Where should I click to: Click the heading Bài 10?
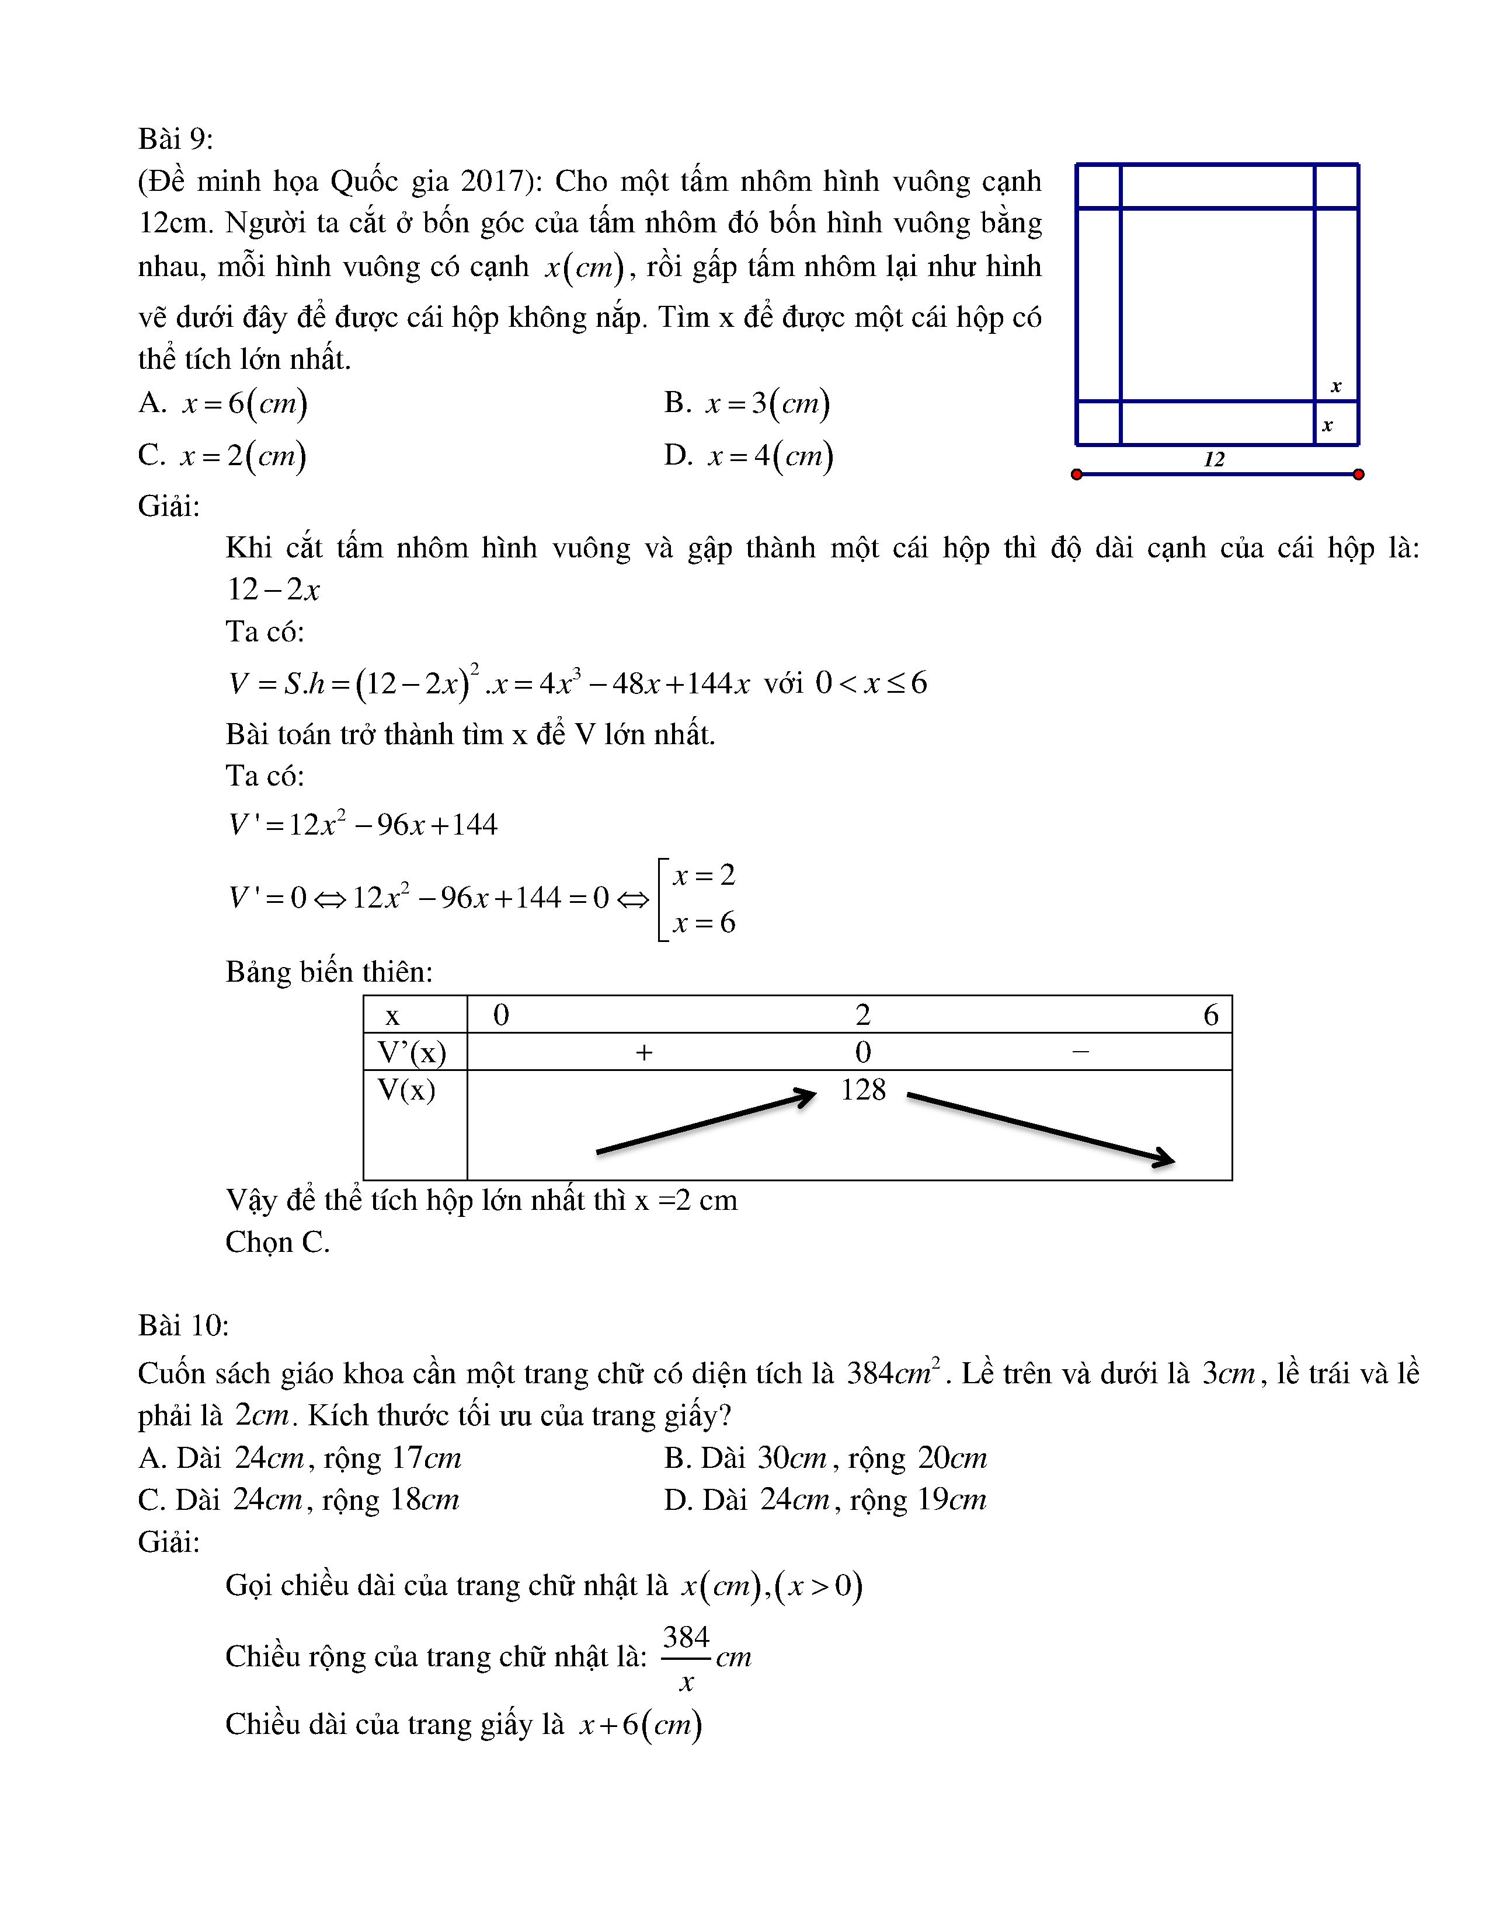pyautogui.click(x=183, y=1325)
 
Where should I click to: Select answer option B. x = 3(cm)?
pyautogui.click(x=746, y=403)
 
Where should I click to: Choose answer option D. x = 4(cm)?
pyautogui.click(x=748, y=456)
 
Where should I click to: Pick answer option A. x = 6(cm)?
pyautogui.click(x=222, y=403)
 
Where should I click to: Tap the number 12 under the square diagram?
pyautogui.click(x=1214, y=459)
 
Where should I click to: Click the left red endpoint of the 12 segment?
pyautogui.click(x=1076, y=474)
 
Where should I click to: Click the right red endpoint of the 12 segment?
pyautogui.click(x=1358, y=474)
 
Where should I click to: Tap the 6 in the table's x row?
pyautogui.click(x=1210, y=1015)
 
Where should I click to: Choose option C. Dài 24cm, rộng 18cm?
pyautogui.click(x=298, y=1500)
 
